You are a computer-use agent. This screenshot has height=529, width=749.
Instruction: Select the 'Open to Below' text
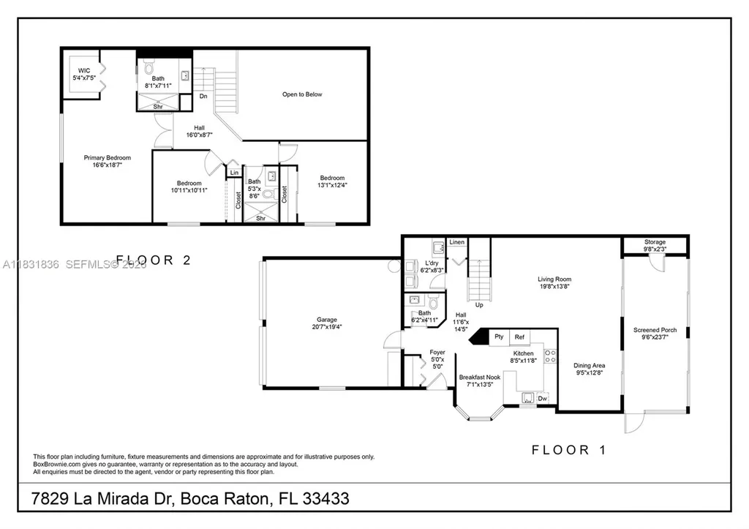(302, 94)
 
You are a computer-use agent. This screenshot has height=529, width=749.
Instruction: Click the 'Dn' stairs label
(203, 96)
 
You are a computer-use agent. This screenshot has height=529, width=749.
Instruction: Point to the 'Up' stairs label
(479, 304)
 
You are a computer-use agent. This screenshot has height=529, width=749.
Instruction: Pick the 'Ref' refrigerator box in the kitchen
(519, 337)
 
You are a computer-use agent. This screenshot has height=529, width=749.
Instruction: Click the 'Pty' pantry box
(499, 337)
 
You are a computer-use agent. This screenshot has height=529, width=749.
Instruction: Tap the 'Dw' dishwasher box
(542, 399)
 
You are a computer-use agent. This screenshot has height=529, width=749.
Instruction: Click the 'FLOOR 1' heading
(568, 450)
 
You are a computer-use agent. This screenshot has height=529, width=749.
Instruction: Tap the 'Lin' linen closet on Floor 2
(233, 173)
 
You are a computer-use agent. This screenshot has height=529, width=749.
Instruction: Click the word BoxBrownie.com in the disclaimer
(60, 463)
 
